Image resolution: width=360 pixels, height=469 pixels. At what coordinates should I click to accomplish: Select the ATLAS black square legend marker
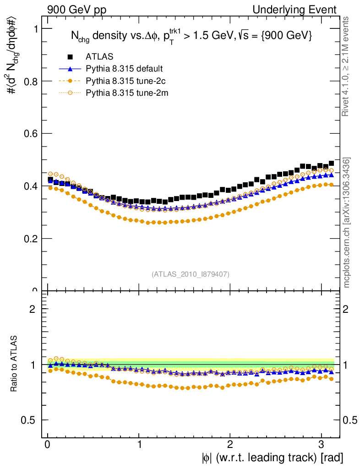tap(70, 57)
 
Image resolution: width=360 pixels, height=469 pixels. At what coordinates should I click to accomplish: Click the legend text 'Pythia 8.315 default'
tap(124, 69)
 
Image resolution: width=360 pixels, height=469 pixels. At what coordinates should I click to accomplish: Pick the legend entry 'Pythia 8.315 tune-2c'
tap(125, 81)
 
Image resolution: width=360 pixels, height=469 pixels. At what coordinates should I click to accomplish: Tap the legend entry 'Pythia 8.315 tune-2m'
tap(125, 93)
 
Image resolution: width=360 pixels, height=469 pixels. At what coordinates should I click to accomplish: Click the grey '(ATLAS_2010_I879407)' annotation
tap(191, 274)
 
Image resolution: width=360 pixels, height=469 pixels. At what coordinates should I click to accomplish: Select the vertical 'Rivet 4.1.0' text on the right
tap(347, 66)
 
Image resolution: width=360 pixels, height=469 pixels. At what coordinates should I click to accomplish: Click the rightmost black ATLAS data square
tap(331, 164)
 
